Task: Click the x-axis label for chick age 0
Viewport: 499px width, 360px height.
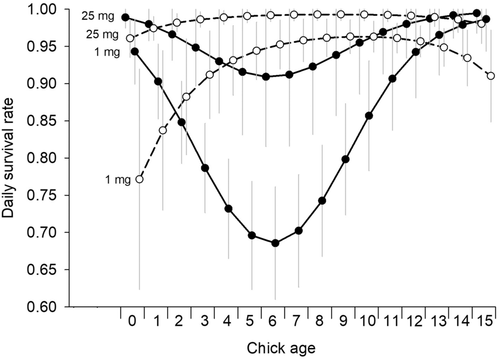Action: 133,321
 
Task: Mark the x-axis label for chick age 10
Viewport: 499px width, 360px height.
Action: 366,321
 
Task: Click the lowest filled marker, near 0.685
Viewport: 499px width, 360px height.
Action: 275,243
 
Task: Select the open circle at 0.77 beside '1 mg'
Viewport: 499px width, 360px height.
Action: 139,179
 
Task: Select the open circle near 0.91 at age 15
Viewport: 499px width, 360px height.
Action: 491,76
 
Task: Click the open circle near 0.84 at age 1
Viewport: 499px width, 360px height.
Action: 163,130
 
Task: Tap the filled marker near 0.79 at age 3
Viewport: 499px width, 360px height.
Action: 205,168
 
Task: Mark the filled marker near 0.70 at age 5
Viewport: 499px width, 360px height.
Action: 252,235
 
